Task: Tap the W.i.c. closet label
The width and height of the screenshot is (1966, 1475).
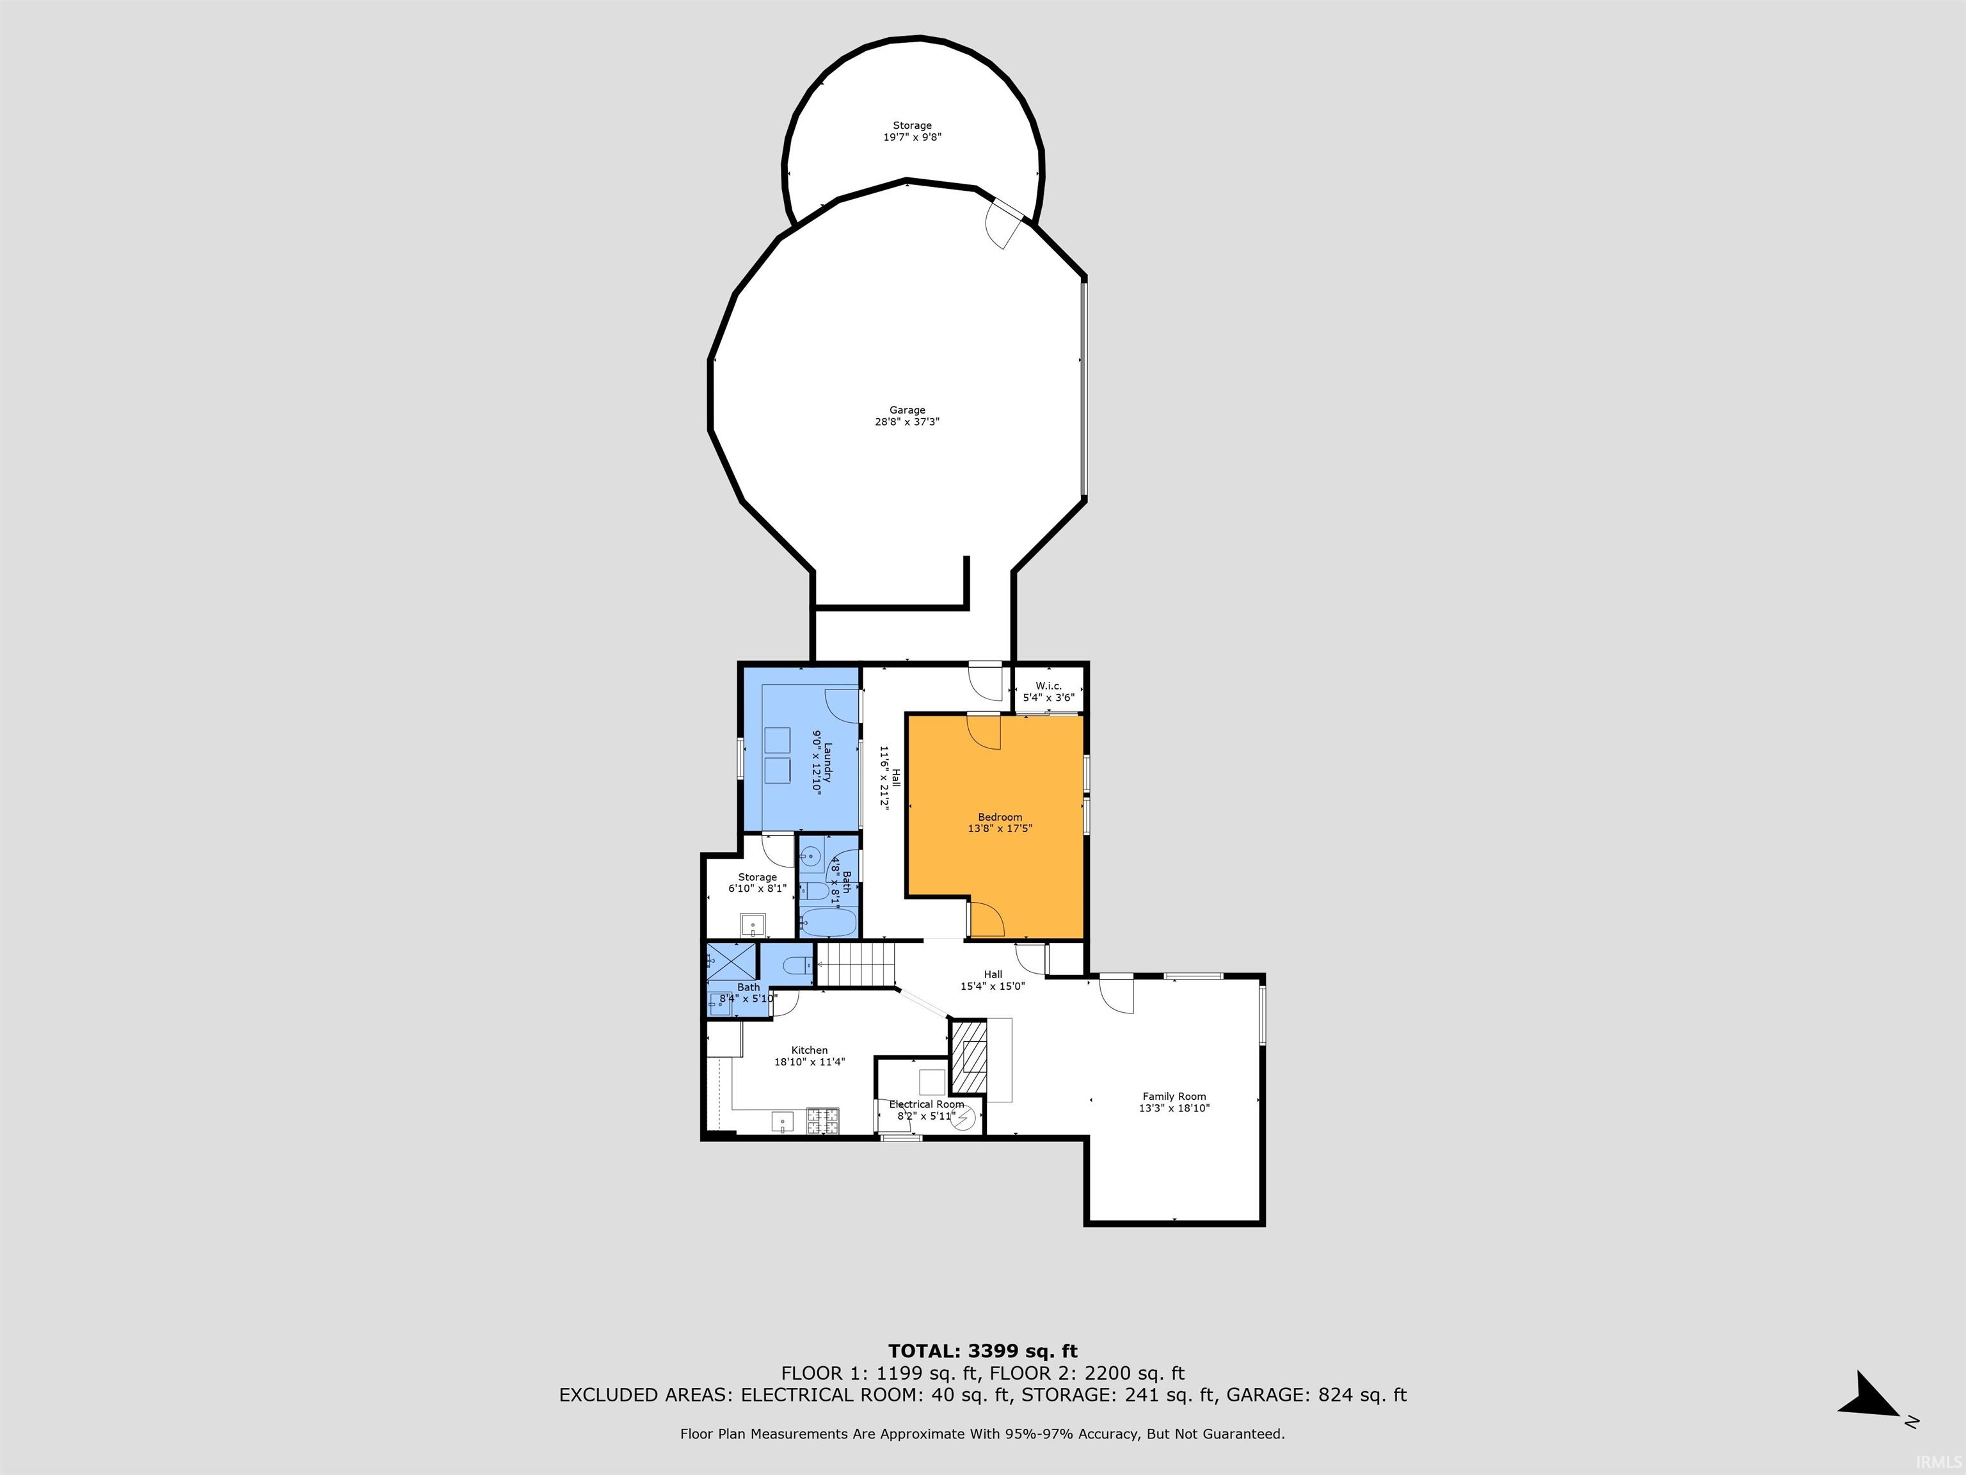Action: click(1049, 686)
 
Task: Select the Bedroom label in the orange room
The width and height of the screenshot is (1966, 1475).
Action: click(1000, 817)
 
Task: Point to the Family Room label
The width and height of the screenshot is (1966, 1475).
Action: click(1174, 1096)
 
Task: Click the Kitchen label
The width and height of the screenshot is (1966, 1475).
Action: click(810, 1050)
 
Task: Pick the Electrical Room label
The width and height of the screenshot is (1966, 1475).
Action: click(927, 1104)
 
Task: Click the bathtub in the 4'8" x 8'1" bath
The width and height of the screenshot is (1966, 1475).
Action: click(827, 923)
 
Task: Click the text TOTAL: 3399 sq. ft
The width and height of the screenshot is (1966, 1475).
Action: click(982, 1352)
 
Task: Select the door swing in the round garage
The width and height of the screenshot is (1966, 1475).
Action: click(1006, 222)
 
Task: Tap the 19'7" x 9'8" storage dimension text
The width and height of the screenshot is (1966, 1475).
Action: click(912, 137)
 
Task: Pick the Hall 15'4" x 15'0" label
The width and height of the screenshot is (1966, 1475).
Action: click(993, 979)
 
